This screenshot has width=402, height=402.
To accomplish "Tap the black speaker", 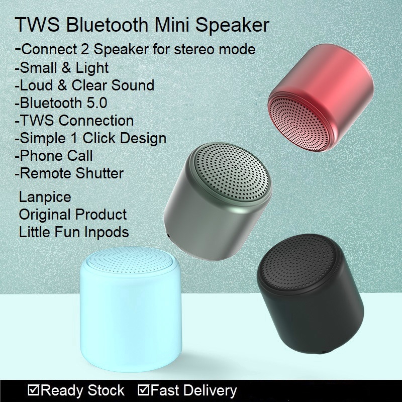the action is (x=310, y=293).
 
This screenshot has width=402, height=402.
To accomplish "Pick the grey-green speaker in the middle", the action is (x=218, y=202).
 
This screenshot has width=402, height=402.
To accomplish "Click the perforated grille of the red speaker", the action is (x=298, y=123).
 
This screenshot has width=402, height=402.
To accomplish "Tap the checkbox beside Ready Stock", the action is (x=33, y=390).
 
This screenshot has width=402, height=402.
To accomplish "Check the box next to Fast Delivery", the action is (x=143, y=390).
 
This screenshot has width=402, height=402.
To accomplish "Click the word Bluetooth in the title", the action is (x=107, y=25).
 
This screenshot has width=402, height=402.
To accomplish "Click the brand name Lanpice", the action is (x=45, y=197).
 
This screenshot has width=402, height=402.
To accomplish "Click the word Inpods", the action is (x=107, y=232).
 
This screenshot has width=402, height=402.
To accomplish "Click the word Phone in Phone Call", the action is (x=41, y=156).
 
